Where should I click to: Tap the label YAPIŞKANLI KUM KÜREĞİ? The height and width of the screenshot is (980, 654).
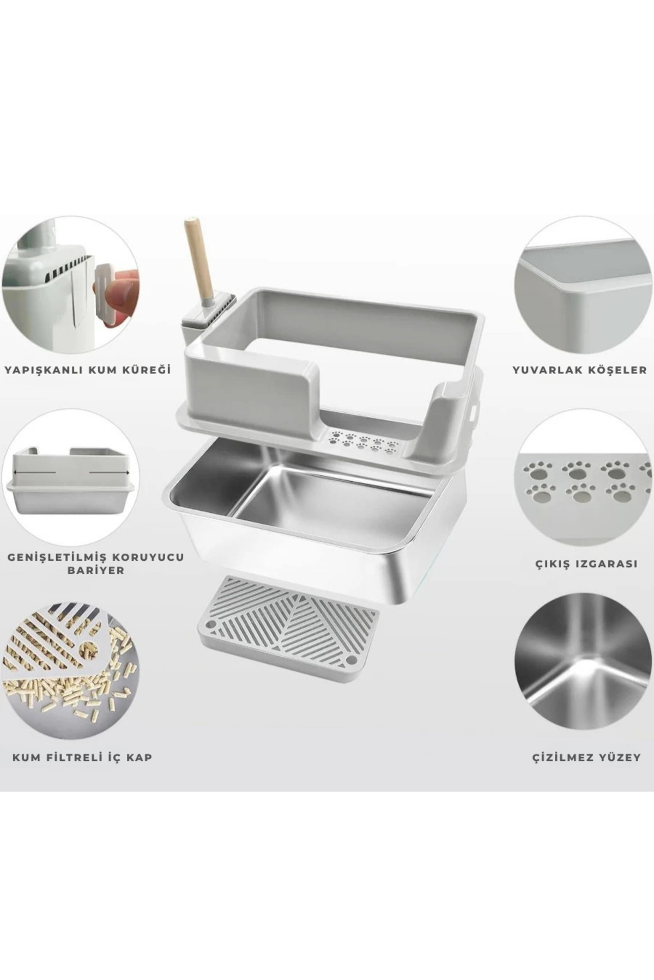[x=88, y=370]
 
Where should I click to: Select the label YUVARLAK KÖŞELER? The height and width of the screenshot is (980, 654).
[x=580, y=370]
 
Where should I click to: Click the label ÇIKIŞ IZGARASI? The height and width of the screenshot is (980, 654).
[x=585, y=563]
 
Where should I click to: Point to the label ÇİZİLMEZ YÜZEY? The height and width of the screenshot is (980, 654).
[x=586, y=757]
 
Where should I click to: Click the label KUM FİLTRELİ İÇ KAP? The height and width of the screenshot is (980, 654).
[x=82, y=757]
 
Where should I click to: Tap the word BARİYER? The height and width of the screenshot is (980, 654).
[x=93, y=571]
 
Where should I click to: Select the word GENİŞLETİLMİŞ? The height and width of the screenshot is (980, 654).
[x=58, y=558]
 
